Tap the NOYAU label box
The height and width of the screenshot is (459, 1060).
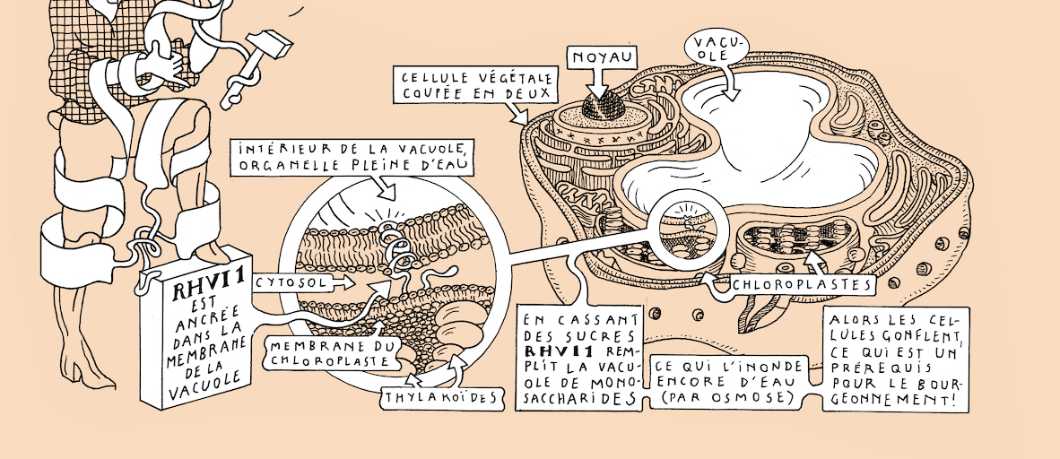602,57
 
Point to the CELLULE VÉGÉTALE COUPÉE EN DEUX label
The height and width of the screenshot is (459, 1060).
475,85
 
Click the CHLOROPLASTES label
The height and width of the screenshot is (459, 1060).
802,284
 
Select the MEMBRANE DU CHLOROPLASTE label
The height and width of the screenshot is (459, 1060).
329,354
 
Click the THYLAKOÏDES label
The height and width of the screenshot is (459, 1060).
440,397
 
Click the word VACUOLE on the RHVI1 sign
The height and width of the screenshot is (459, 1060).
207,379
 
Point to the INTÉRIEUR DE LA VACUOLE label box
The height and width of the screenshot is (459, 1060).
351,158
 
